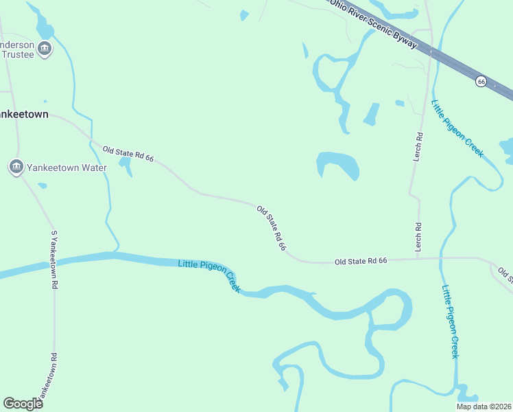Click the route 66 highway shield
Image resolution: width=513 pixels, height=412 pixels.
click(x=481, y=81)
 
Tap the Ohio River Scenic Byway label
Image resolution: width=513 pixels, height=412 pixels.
click(x=373, y=23)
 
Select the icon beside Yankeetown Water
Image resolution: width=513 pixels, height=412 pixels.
click(x=16, y=167)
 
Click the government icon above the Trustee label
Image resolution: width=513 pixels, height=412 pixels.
click(x=45, y=48)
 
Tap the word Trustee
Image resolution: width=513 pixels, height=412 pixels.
click(x=17, y=55)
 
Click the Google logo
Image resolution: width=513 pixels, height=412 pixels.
click(x=23, y=403)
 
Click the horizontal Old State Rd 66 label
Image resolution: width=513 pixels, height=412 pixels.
click(x=361, y=261)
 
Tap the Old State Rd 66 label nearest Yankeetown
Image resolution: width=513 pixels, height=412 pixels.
click(x=128, y=154)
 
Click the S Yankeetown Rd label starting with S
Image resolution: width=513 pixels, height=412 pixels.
click(x=54, y=260)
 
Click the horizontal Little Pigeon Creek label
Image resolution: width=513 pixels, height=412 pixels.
click(x=209, y=275)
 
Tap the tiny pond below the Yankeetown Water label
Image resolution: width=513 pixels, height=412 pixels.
click(x=42, y=185)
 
